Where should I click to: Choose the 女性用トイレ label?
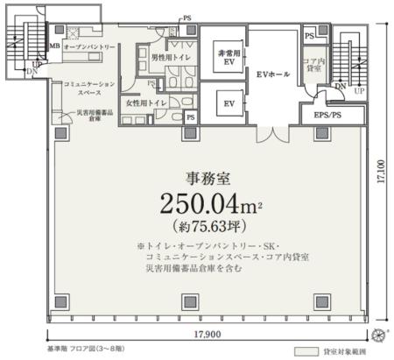tap(147, 102)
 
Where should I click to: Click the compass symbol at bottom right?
tap(378, 335)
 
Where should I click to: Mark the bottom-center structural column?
tap(187, 301)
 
